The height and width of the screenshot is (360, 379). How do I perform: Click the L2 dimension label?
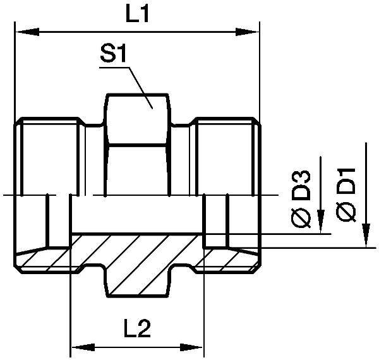pos(137,328)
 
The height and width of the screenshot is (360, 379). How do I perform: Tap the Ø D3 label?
pos(303,198)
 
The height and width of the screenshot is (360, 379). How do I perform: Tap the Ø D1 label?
pos(347,195)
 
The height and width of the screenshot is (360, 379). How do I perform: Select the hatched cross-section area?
pos(136,253)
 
